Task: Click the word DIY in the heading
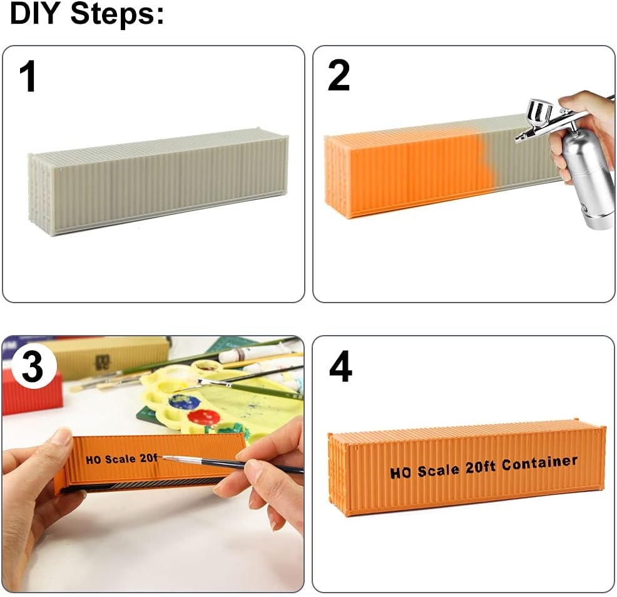tap(35, 14)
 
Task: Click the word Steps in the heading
tap(117, 14)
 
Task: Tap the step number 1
tap(28, 76)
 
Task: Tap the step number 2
tap(339, 76)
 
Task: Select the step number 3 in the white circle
tap(32, 366)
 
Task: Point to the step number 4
tap(340, 367)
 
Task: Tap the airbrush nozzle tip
tap(517, 138)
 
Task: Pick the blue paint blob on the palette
tap(184, 402)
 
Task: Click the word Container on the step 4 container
tap(539, 463)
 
